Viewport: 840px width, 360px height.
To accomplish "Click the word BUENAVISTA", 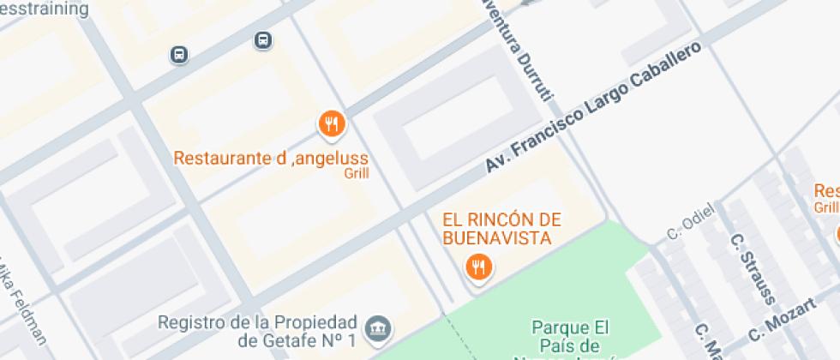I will pyautogui.click(x=495, y=237).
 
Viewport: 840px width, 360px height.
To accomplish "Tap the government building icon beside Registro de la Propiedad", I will pyautogui.click(x=378, y=327).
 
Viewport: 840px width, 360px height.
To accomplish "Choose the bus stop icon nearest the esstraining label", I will pyautogui.click(x=179, y=54).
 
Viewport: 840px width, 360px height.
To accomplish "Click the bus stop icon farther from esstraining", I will pyautogui.click(x=263, y=40).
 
